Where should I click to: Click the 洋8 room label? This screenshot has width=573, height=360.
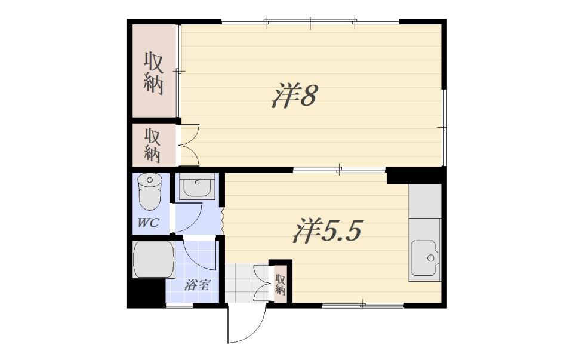294,95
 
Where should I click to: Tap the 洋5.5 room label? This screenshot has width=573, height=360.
327,230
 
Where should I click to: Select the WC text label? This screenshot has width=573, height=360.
149,222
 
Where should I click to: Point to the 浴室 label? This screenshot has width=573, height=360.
196,285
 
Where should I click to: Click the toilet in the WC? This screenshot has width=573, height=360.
150,191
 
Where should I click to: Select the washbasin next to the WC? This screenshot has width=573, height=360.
196,186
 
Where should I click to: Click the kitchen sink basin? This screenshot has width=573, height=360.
426,258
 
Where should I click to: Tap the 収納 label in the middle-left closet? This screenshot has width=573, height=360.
152,145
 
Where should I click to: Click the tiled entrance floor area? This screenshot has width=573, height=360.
243,283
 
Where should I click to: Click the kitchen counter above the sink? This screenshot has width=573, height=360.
425,201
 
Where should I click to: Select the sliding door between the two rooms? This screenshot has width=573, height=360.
339,169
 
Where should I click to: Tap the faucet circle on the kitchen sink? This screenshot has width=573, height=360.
431,258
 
